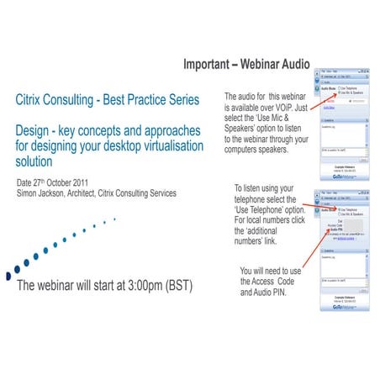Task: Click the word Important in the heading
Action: [210, 66]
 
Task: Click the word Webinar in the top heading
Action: [267, 66]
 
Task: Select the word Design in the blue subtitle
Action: [36, 131]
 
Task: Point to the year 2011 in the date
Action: [97, 182]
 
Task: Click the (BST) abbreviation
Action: [177, 285]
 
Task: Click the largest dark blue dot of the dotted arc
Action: [9, 272]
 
